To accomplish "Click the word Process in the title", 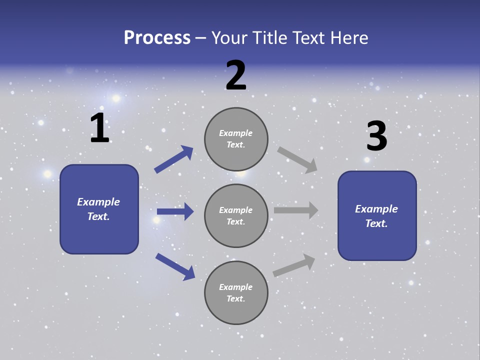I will (x=157, y=38).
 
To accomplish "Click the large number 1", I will (x=99, y=128).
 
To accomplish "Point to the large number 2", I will (x=236, y=76).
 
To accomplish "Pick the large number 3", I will (x=377, y=136).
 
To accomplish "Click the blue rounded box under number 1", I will (x=99, y=209).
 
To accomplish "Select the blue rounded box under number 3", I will (x=377, y=215).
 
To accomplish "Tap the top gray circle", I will (x=236, y=139).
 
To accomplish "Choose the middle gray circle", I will (x=236, y=215).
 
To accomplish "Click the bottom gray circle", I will (x=236, y=292).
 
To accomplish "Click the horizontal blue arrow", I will (x=175, y=211).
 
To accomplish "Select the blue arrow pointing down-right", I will (x=175, y=266).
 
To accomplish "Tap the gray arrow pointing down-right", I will (x=297, y=160).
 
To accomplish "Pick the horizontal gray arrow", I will (x=296, y=210).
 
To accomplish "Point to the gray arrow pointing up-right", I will (x=294, y=265).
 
